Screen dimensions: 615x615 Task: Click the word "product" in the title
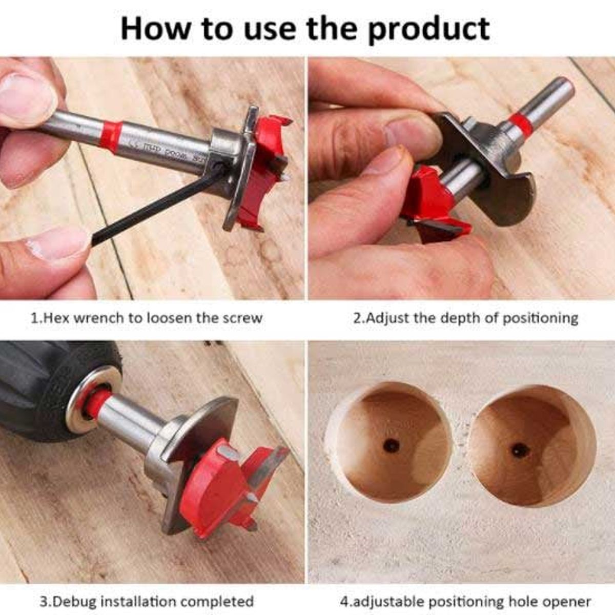(429, 30)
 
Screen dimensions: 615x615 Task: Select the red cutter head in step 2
(434, 205)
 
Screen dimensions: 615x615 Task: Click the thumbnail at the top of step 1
(27, 96)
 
